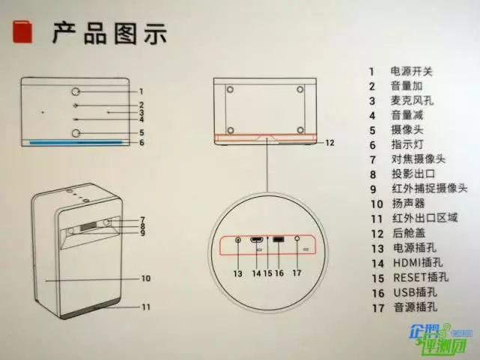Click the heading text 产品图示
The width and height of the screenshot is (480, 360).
tap(109, 34)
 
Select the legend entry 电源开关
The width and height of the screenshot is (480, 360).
tap(411, 72)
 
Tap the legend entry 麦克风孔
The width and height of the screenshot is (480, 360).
tap(411, 100)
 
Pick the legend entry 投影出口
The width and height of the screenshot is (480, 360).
tap(411, 174)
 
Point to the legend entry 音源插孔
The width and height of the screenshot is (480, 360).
tap(411, 306)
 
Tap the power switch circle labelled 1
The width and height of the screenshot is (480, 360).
tap(77, 91)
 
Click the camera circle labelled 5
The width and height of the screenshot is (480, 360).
tap(77, 132)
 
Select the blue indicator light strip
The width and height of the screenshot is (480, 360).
tap(76, 142)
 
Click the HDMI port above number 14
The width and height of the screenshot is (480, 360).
tap(257, 240)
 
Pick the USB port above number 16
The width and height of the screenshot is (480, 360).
tap(277, 240)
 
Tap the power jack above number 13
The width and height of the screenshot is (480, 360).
tap(238, 240)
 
